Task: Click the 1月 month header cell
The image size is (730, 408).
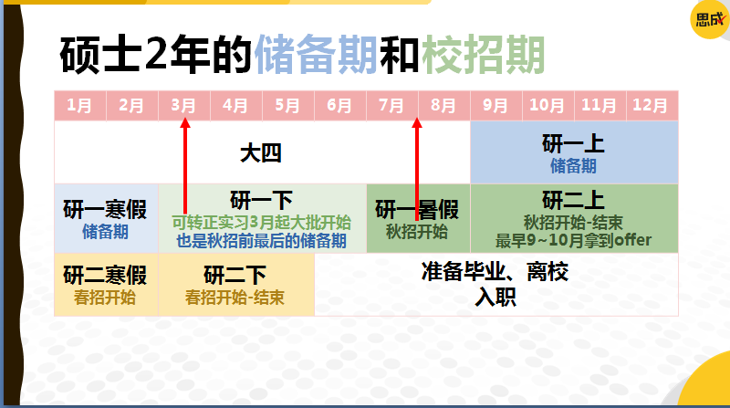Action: click(79, 105)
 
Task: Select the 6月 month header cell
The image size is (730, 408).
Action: click(339, 105)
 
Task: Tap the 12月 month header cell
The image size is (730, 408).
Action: click(651, 105)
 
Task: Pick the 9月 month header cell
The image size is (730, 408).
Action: click(495, 105)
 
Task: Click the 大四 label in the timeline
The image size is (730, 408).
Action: click(261, 152)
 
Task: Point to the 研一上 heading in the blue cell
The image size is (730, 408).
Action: click(573, 144)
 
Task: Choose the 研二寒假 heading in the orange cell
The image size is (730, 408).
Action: click(105, 275)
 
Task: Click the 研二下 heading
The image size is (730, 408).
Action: click(235, 275)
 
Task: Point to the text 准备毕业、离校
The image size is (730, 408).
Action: click(495, 272)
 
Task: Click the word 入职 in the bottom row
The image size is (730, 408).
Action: click(495, 297)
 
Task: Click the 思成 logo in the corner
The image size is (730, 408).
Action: click(708, 19)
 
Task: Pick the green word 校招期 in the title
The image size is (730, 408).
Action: click(483, 55)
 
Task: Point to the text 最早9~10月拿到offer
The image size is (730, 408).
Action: click(574, 241)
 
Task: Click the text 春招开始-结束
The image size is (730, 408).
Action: click(235, 298)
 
